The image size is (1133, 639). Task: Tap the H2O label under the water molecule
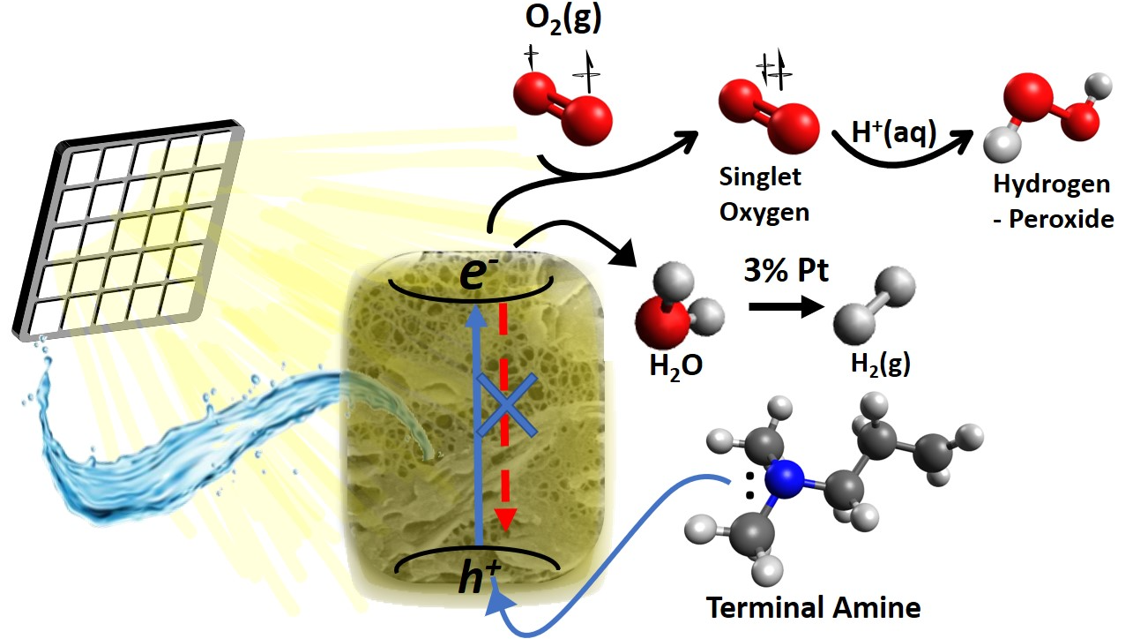(674, 364)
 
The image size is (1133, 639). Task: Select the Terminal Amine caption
(812, 607)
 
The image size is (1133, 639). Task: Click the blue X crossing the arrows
(503, 405)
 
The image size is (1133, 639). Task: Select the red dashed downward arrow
(504, 415)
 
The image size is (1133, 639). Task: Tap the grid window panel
(132, 225)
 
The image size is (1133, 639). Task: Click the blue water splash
(132, 441)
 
